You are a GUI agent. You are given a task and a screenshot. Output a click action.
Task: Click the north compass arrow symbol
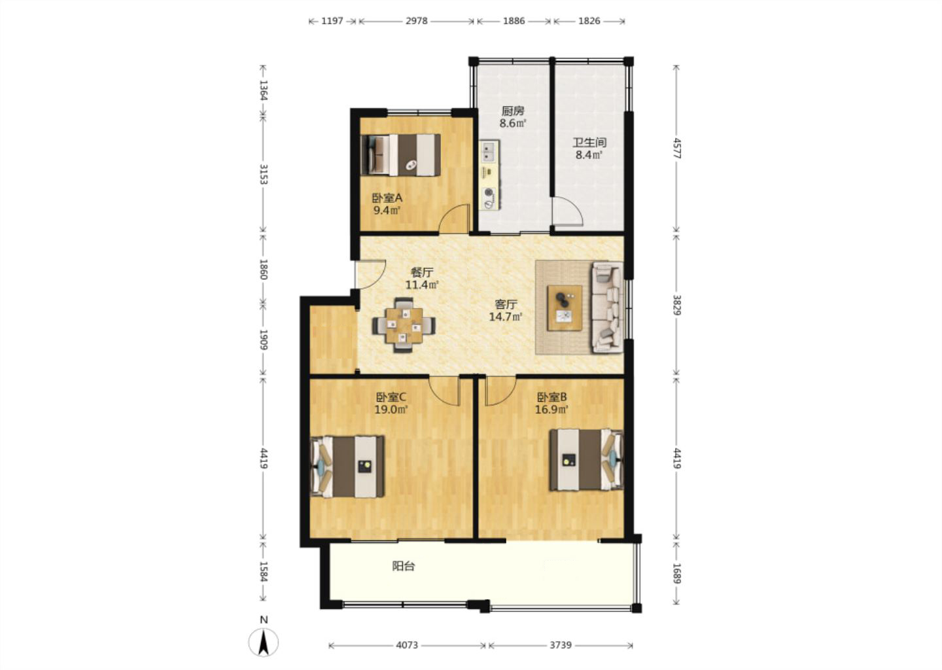pos(264,643)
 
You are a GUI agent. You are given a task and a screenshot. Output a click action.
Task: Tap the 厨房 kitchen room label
pos(513,111)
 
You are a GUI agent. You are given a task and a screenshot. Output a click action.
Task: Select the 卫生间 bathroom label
pos(589,143)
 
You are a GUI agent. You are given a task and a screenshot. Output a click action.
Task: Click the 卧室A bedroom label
pos(387,197)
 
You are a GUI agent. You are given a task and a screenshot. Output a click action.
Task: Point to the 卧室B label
pos(551,397)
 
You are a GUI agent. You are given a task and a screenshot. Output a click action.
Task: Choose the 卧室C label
pos(391,397)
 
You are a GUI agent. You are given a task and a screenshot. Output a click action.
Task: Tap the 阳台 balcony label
pos(404,566)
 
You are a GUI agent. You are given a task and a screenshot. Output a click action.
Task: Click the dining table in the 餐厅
pos(404,325)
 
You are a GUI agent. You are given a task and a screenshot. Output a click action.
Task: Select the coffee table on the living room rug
pos(565,308)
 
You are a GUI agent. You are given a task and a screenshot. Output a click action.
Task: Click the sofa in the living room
pos(607,308)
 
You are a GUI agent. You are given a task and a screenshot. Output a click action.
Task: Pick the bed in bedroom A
pos(401,155)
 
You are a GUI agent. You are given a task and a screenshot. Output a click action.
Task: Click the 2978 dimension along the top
pos(416,20)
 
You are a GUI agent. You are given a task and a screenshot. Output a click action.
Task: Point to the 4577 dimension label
pos(676,148)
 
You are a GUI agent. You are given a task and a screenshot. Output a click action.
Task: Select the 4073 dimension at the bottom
pos(407,644)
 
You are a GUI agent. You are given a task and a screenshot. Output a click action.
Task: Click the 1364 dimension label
pos(263,90)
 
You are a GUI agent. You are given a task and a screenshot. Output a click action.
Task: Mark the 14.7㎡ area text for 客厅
pos(506,317)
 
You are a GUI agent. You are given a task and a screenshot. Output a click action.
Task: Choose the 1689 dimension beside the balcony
pos(676,573)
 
